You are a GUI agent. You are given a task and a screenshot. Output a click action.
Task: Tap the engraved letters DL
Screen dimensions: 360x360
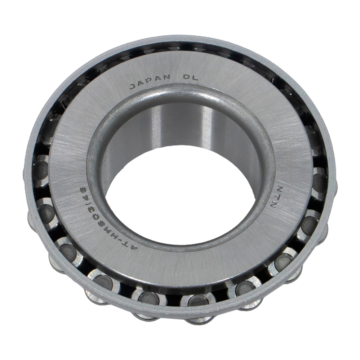click(190, 77)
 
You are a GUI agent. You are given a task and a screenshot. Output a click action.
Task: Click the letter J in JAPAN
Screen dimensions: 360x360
click(133, 86)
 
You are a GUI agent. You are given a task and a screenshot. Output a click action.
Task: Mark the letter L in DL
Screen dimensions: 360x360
click(195, 78)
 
